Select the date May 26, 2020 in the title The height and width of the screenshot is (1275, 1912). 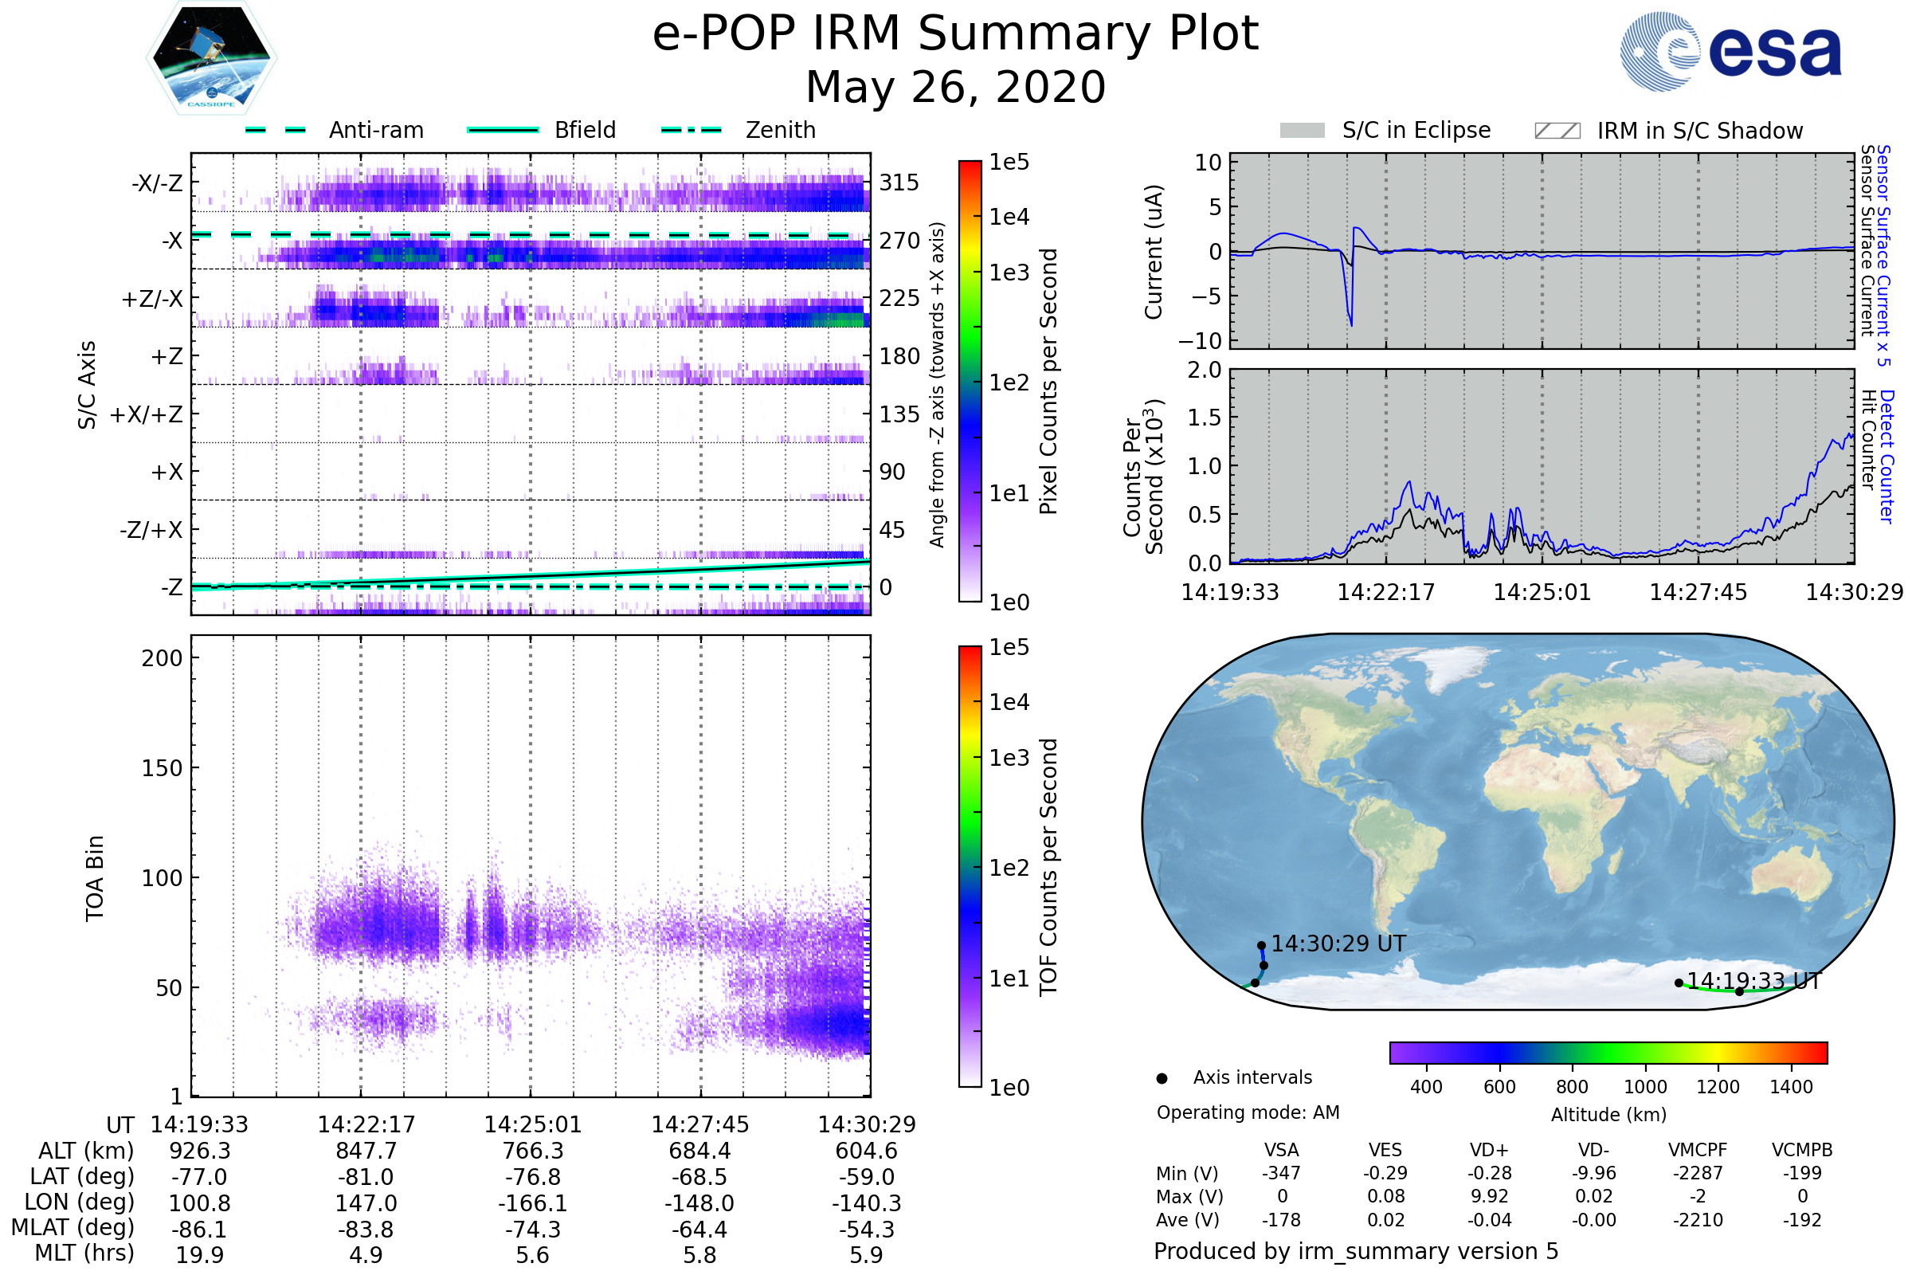[955, 87]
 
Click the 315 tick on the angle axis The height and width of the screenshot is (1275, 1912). [899, 182]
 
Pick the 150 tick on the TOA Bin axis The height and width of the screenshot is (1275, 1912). [162, 768]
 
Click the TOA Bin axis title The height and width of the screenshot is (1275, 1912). [94, 878]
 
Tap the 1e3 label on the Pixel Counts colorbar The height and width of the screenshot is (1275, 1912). [1009, 273]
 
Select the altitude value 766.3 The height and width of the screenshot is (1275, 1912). [532, 1151]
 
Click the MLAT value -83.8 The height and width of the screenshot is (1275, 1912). [366, 1229]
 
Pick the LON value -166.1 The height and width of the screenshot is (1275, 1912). [532, 1202]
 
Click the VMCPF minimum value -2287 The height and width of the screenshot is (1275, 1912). [1698, 1173]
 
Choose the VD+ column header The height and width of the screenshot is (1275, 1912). [1488, 1150]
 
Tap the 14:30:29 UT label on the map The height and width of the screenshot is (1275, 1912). [1338, 943]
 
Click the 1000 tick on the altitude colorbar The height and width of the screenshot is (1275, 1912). [1644, 1087]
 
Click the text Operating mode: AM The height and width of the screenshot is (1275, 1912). [1247, 1112]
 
